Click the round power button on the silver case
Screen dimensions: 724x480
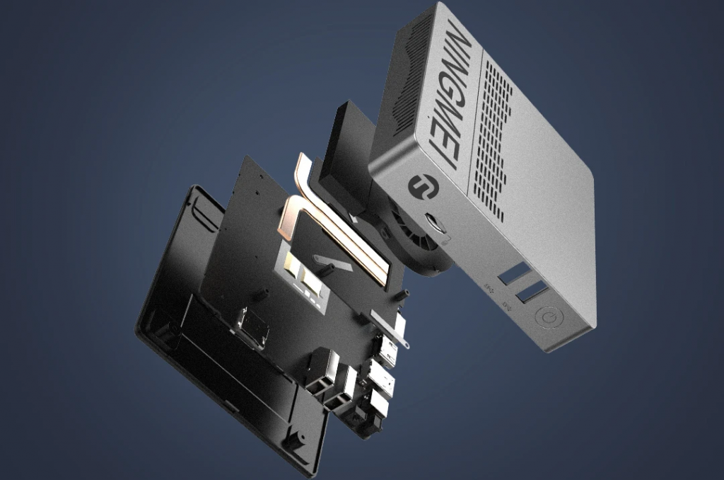click(549, 318)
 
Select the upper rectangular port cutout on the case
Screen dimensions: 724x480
click(512, 273)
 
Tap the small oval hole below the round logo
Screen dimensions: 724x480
click(433, 222)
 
